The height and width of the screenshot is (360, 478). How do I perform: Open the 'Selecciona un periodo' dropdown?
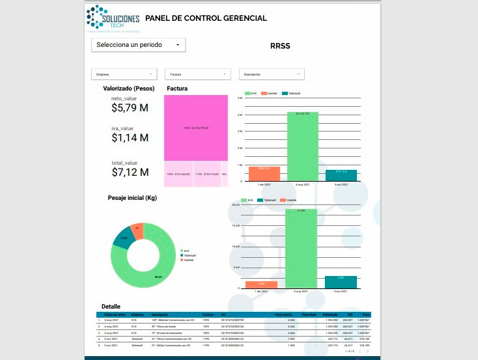(x=138, y=45)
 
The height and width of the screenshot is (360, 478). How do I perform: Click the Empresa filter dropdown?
(x=124, y=75)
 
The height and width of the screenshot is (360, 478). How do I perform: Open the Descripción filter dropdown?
(x=272, y=75)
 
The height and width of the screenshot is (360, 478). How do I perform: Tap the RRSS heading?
(x=279, y=46)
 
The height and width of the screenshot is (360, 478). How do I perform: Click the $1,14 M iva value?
(x=130, y=138)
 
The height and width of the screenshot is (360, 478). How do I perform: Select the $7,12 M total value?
(x=130, y=172)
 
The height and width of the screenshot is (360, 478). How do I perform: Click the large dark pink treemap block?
(x=195, y=128)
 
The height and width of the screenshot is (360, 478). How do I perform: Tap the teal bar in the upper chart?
(x=341, y=174)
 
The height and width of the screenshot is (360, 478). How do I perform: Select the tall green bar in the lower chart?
(x=302, y=248)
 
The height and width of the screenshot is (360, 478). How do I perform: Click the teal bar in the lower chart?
(x=341, y=282)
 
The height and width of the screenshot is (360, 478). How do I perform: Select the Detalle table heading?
(x=111, y=306)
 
